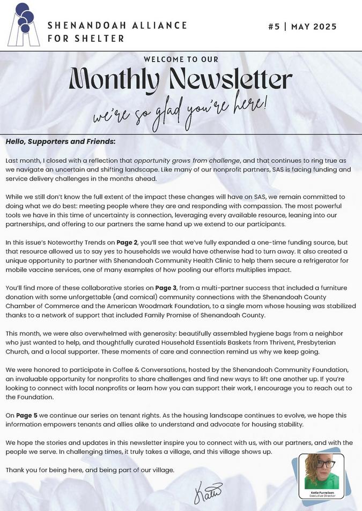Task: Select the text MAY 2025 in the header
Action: (314, 27)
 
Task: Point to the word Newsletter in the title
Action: (231, 81)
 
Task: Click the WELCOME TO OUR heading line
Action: (181, 59)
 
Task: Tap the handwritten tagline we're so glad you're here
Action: (180, 110)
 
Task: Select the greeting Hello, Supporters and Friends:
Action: (60, 142)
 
